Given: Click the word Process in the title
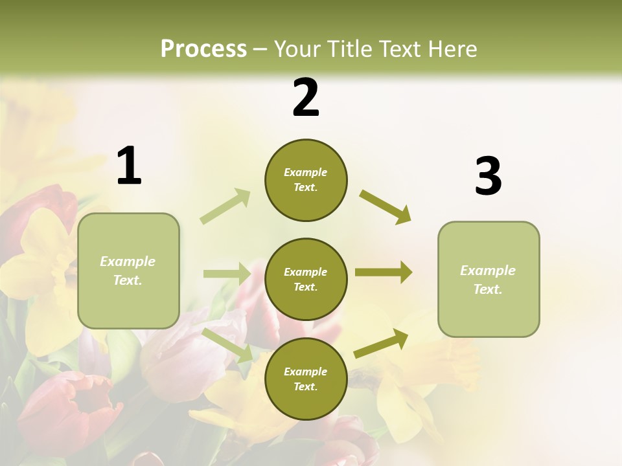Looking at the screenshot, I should click(x=203, y=49).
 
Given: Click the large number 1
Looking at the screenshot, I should click(x=129, y=166).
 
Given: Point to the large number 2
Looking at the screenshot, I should click(x=306, y=98).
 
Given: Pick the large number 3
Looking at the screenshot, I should click(x=488, y=177).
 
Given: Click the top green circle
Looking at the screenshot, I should click(x=306, y=180).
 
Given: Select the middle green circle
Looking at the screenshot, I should click(x=306, y=280).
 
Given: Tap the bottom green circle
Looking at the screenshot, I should click(x=306, y=379).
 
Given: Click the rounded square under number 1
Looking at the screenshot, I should click(x=128, y=271).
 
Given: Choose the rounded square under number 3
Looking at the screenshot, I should click(x=489, y=280).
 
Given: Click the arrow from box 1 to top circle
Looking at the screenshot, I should click(x=225, y=206).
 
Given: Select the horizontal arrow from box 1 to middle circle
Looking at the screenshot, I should click(x=227, y=274).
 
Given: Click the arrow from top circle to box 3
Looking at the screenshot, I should click(x=386, y=206).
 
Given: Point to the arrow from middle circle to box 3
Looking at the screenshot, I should click(x=384, y=272).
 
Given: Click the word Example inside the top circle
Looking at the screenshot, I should click(x=306, y=172).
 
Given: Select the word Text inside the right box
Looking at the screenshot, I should click(x=488, y=289).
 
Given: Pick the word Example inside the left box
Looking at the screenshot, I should click(x=128, y=261).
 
